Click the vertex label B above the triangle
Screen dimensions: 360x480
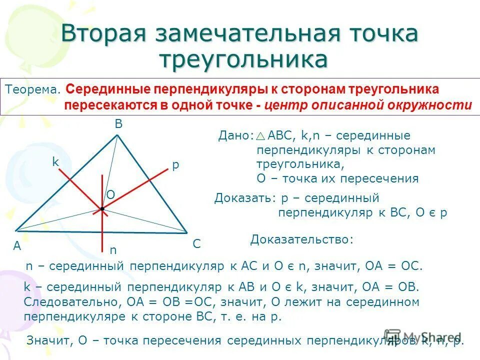click(118, 125)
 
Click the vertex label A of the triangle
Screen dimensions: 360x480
click(17, 245)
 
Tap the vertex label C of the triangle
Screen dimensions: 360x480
click(196, 244)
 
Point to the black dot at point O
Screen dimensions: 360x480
click(102, 208)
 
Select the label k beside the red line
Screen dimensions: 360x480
click(55, 162)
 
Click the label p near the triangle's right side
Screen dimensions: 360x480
click(175, 166)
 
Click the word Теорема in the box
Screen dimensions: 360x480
click(32, 90)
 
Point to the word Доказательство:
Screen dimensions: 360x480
click(302, 239)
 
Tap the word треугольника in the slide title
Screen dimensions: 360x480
click(243, 59)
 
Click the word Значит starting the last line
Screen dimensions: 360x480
click(50, 341)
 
